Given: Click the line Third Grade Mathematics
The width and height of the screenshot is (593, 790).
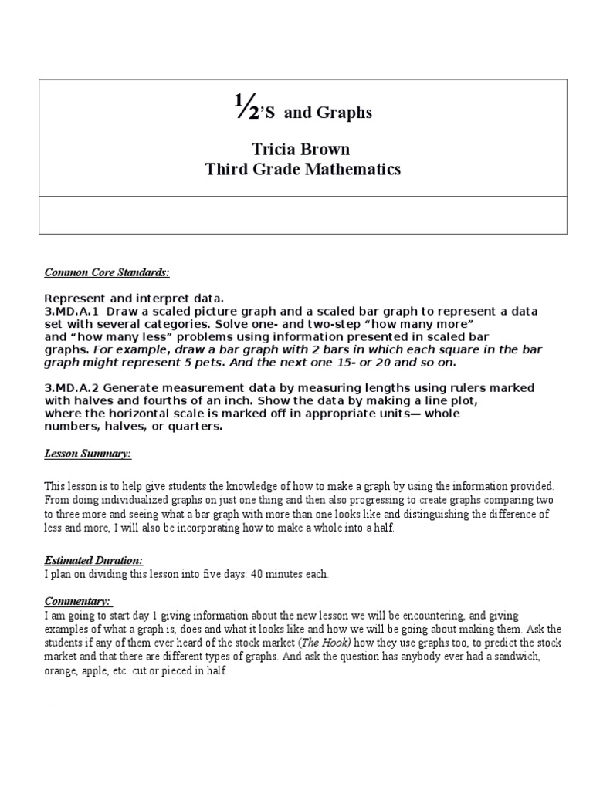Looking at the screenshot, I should [x=303, y=170].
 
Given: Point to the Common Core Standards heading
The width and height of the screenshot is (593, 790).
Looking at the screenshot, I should [x=106, y=272].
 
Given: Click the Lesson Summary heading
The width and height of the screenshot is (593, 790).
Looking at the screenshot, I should [x=87, y=454].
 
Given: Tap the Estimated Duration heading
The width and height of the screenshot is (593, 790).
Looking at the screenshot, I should [x=93, y=561].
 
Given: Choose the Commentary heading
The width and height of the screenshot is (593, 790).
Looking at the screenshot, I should [x=78, y=600].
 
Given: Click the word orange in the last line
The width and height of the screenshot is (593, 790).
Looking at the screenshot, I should [x=61, y=670].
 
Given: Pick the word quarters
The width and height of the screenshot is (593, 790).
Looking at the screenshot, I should [x=196, y=426].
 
